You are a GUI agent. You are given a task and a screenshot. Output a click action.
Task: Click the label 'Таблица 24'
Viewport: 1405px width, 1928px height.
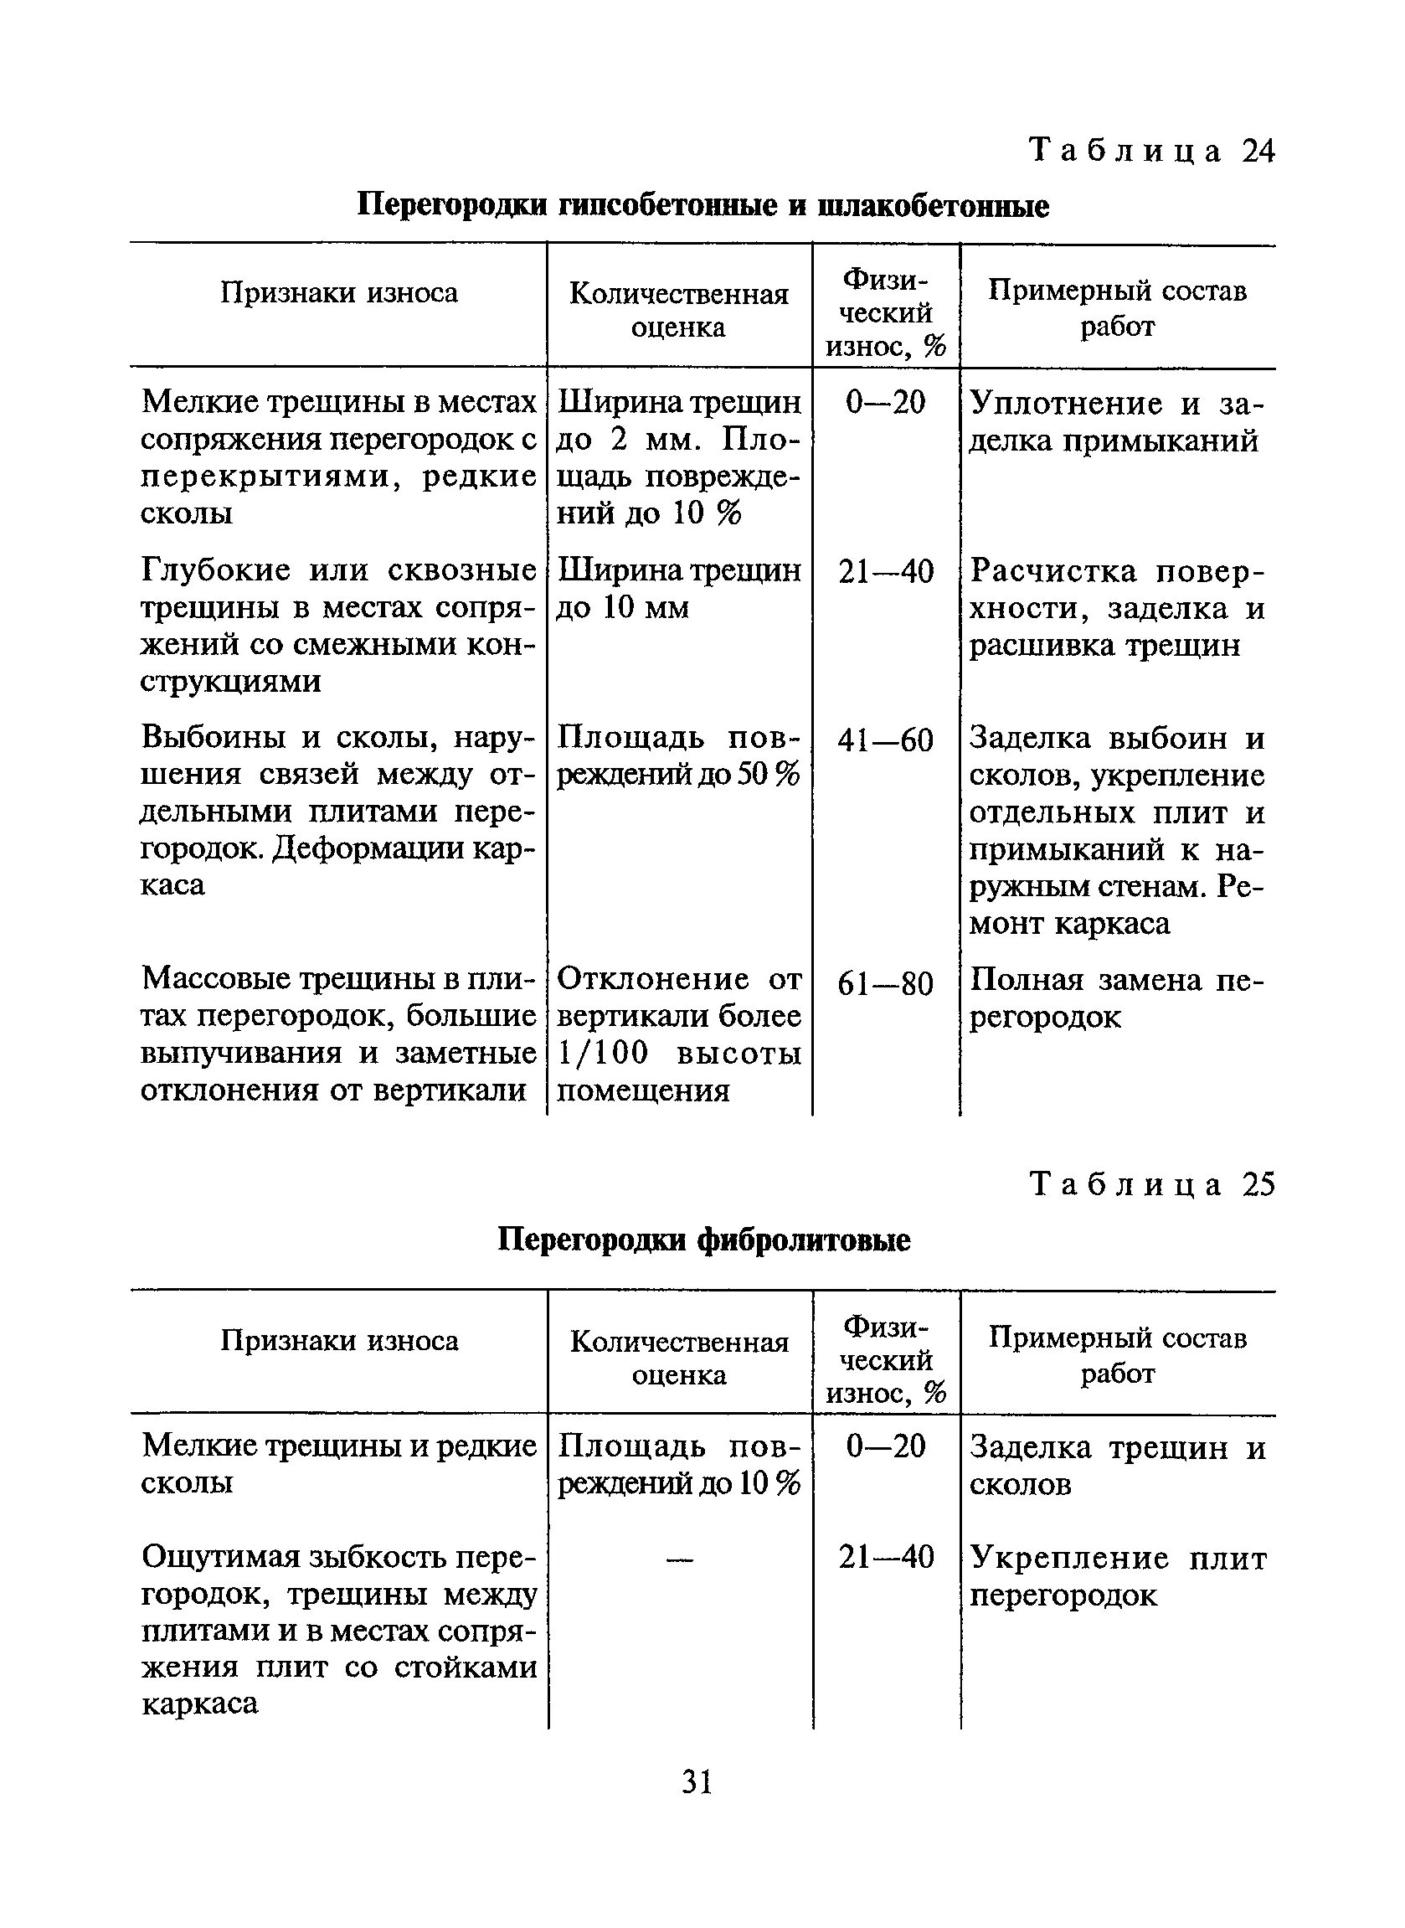[1151, 152]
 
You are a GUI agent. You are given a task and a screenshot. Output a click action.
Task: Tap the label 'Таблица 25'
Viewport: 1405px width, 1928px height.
[1151, 1185]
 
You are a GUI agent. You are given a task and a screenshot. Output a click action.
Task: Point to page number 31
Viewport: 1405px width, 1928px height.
[697, 1780]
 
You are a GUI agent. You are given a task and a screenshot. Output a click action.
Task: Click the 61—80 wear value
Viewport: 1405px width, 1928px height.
[885, 984]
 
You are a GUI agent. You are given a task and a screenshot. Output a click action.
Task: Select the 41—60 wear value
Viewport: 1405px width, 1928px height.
[885, 740]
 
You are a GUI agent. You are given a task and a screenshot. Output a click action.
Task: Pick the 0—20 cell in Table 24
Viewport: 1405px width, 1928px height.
[885, 402]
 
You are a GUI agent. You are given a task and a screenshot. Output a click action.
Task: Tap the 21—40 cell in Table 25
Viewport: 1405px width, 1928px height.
[885, 1557]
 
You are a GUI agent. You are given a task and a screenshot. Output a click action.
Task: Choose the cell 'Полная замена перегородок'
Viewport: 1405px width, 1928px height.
[1117, 999]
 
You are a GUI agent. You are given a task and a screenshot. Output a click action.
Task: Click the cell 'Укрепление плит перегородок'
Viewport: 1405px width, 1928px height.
[1117, 1576]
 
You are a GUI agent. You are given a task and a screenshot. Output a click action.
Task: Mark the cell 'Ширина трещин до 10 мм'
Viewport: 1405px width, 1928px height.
[678, 590]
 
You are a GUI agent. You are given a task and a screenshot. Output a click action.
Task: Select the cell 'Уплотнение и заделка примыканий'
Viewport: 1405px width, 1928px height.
[1117, 422]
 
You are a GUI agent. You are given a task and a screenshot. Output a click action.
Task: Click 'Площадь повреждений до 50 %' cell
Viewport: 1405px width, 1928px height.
[678, 757]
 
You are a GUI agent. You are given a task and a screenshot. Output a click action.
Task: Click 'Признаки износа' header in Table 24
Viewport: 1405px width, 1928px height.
[338, 293]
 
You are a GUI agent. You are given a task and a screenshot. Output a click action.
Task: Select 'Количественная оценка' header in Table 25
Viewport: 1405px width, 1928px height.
[679, 1358]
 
